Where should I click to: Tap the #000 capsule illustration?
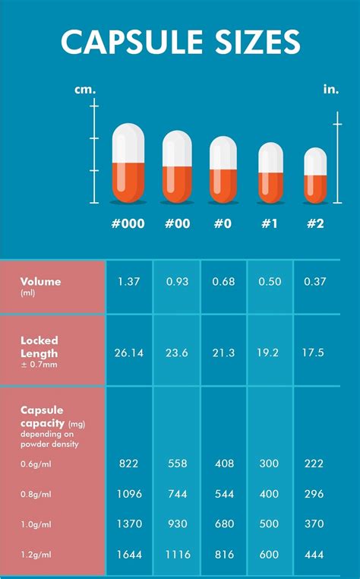coord(128,163)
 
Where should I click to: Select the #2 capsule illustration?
coord(315,176)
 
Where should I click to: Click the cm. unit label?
coord(85,90)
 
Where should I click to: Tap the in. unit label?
coord(330,90)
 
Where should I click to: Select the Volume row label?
coord(41,282)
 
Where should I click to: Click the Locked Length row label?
coord(39,347)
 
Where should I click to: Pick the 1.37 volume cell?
coord(129,282)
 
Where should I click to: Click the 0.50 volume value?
coord(270,282)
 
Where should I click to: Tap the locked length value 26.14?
coord(129,353)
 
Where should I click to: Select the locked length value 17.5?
coord(315,353)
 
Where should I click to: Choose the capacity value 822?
coord(129,464)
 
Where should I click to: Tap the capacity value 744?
coord(176,494)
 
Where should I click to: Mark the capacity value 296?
coord(315,494)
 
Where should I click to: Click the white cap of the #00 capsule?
coord(176,148)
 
